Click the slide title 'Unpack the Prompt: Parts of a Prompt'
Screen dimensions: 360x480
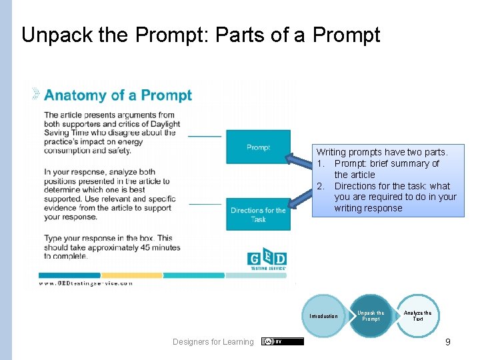click(201, 35)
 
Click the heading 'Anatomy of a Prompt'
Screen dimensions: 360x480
click(117, 95)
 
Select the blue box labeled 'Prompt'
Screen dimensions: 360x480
click(258, 147)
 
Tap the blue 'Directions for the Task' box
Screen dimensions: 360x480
click(258, 215)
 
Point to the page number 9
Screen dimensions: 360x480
click(448, 342)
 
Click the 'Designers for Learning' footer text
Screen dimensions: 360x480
click(213, 342)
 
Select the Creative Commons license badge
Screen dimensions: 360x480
click(283, 341)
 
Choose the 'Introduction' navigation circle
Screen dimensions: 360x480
click(324, 316)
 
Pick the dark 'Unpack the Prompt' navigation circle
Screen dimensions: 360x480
click(371, 316)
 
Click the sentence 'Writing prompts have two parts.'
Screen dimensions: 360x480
click(382, 153)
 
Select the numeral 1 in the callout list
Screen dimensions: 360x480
click(321, 164)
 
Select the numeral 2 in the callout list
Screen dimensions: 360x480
click(321, 186)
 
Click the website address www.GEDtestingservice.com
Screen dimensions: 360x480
click(86, 283)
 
